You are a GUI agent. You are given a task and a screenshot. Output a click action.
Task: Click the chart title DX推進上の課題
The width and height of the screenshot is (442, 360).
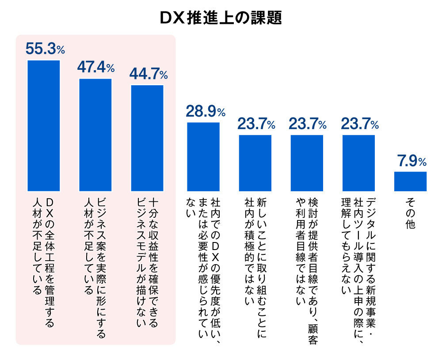click(x=221, y=18)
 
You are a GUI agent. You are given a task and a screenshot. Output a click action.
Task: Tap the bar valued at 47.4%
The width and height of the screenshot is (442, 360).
click(x=95, y=135)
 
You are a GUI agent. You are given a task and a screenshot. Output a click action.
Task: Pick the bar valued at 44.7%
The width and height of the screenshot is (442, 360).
click(x=147, y=138)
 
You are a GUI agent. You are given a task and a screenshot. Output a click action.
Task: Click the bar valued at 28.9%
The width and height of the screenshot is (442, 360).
click(x=203, y=156)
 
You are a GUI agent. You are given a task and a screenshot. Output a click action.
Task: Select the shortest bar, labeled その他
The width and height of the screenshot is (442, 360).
click(x=410, y=182)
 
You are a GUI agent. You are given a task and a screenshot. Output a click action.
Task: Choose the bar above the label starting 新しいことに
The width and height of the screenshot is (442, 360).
click(x=255, y=163)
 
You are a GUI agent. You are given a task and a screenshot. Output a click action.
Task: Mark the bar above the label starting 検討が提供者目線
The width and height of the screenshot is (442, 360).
click(x=307, y=163)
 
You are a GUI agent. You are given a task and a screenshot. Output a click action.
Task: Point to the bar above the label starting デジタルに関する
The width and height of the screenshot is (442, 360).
click(x=359, y=163)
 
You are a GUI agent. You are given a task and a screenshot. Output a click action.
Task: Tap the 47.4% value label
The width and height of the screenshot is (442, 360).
click(x=96, y=67)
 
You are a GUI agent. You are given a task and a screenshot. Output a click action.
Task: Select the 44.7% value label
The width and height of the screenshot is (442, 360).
click(x=148, y=74)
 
